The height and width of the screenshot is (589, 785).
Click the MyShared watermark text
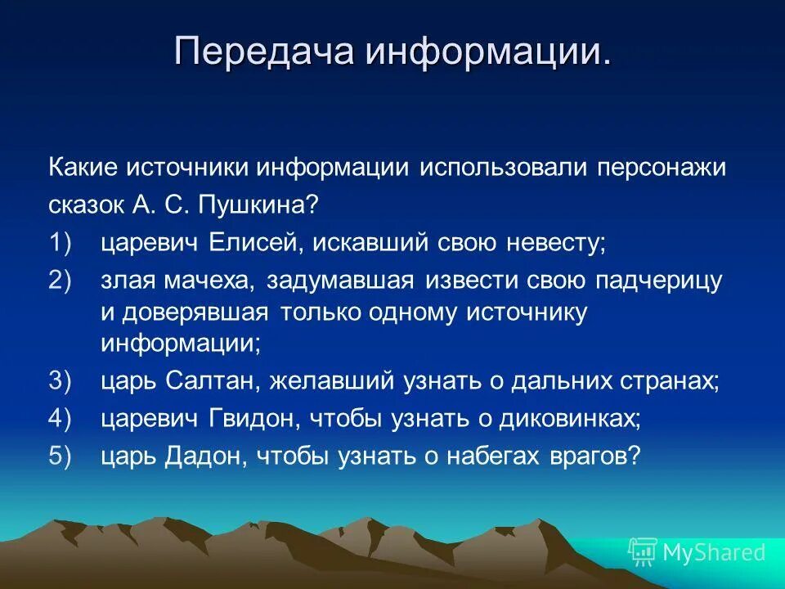(x=713, y=552)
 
